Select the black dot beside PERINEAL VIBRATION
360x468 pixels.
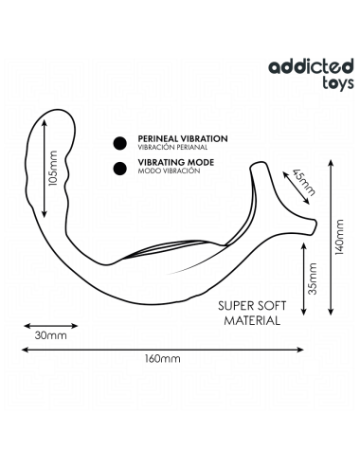tap(120, 143)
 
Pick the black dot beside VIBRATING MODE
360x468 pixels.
tap(120, 170)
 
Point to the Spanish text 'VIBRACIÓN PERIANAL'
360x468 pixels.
tap(171, 149)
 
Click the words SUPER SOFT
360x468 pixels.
tap(248, 305)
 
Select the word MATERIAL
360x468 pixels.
tap(250, 320)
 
